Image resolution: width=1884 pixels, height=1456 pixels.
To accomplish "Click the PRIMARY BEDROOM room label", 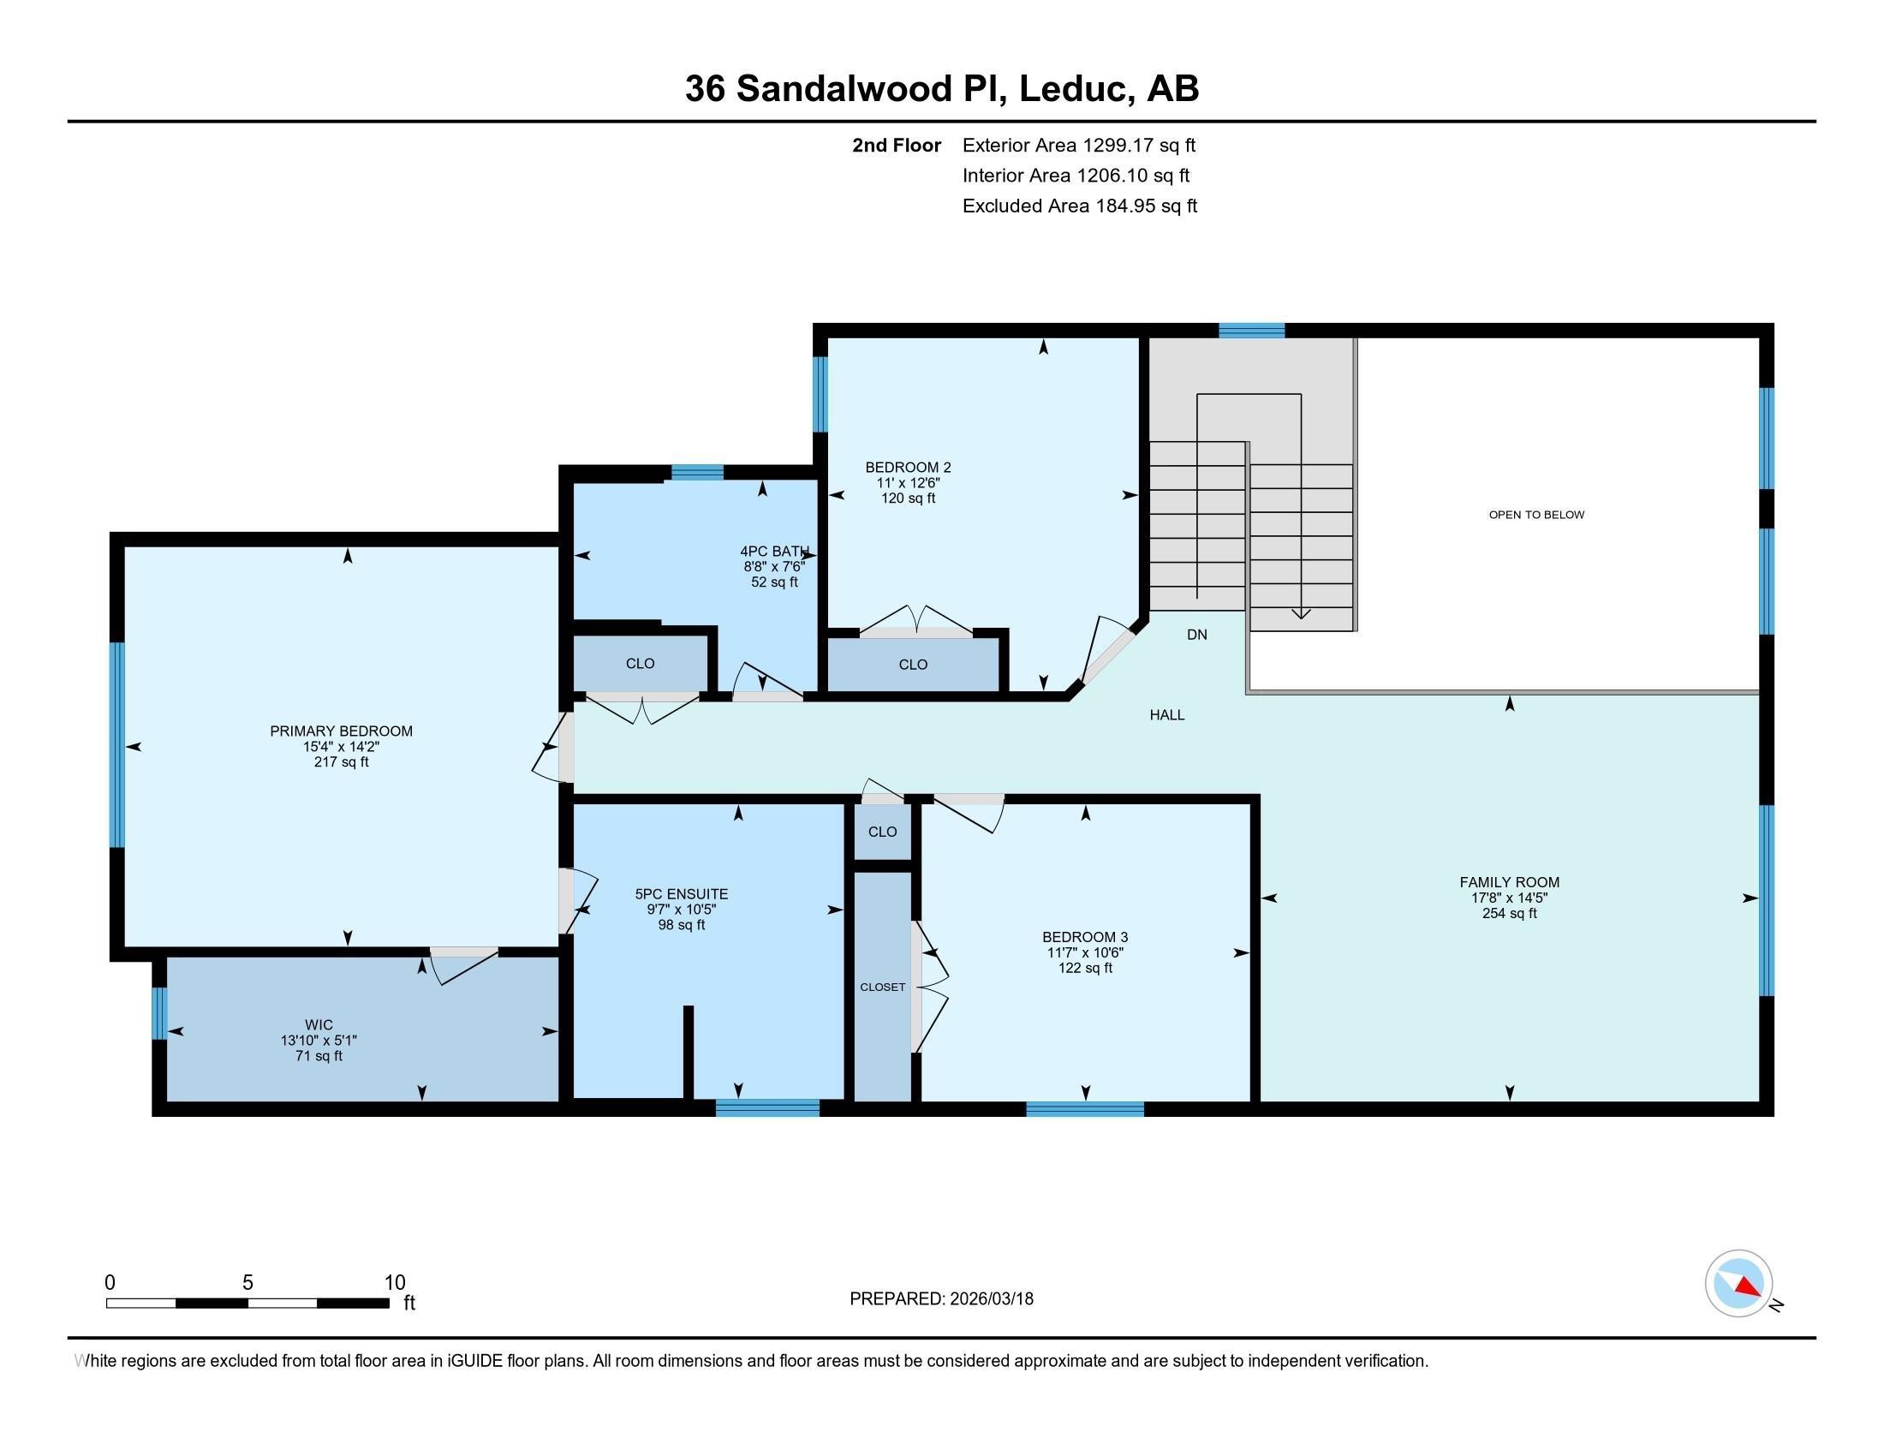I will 341,731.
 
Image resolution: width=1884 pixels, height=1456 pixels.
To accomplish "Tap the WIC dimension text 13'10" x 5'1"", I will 319,1041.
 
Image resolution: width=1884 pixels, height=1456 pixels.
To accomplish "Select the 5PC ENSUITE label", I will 682,894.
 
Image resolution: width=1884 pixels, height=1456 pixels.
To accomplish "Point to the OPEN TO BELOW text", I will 1535,515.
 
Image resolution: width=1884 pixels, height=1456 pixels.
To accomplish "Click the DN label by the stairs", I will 1196,635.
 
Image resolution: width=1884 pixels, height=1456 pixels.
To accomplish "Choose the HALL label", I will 1166,715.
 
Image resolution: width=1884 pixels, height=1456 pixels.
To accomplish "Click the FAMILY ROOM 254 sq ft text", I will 1509,914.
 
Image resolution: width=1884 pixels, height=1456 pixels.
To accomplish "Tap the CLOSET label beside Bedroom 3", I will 881,987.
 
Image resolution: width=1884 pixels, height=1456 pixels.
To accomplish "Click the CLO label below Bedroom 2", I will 912,664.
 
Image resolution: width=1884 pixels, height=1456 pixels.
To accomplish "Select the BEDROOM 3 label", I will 1084,937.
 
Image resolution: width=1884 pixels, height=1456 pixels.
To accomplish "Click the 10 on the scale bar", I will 394,1283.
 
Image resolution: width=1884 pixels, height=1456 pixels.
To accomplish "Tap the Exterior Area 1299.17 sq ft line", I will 1078,146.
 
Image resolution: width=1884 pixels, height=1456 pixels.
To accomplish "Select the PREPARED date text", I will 941,1299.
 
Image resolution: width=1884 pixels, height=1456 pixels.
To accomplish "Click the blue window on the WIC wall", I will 158,1012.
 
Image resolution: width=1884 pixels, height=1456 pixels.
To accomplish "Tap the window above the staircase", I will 1251,331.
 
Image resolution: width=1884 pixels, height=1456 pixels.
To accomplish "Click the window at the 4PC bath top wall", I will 697,472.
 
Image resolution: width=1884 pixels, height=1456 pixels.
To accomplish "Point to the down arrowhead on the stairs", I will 1300,614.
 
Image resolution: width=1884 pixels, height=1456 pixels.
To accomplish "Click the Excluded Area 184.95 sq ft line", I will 1079,206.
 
